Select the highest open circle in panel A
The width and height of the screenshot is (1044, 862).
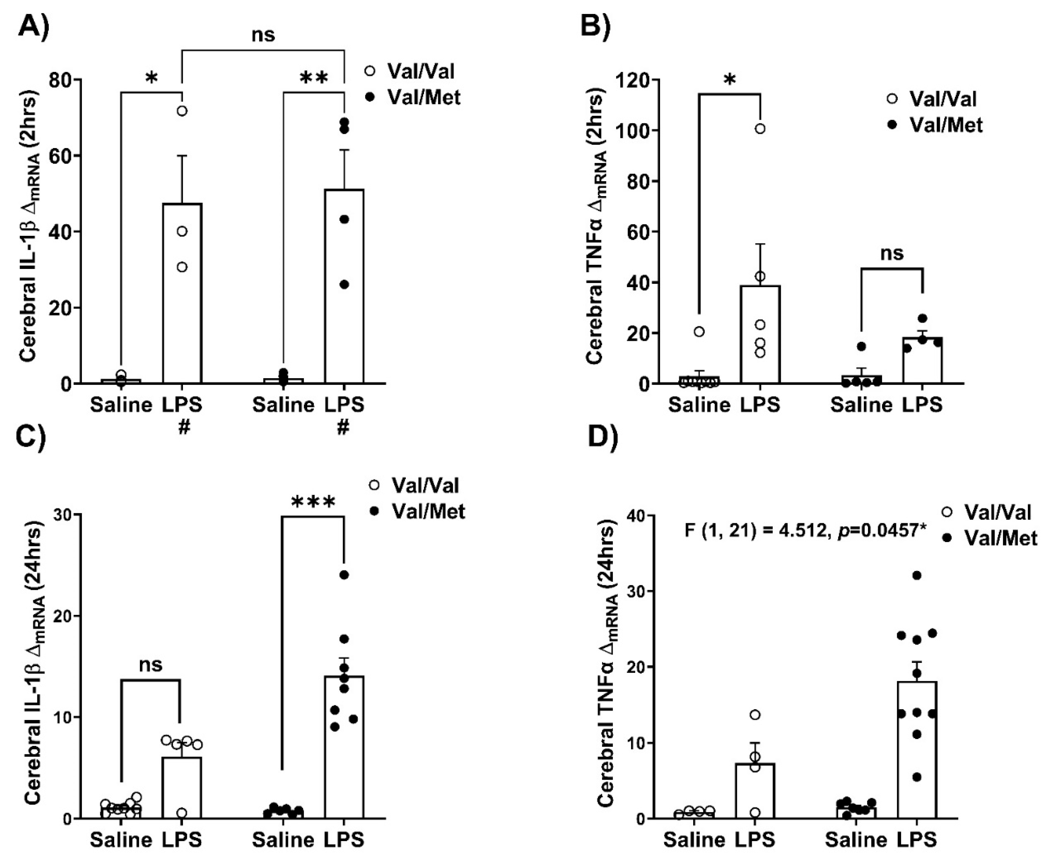click(182, 111)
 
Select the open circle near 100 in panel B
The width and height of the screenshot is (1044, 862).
click(760, 129)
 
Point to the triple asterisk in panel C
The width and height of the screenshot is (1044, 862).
click(314, 503)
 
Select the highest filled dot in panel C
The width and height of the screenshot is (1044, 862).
click(344, 575)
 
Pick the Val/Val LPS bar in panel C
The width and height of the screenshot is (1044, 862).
click(182, 789)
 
